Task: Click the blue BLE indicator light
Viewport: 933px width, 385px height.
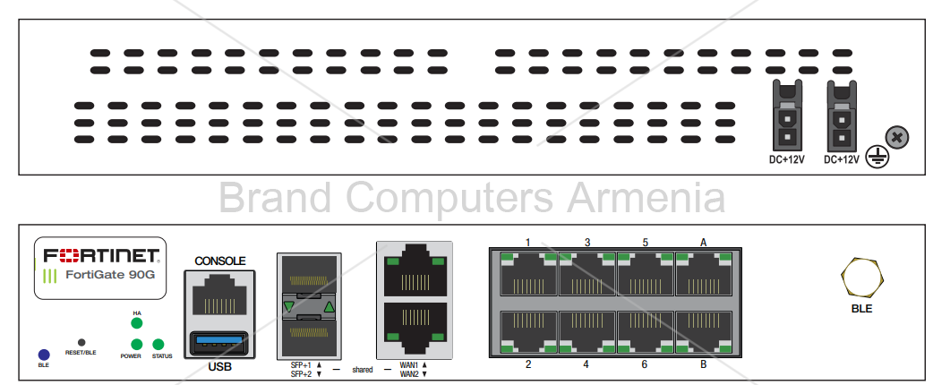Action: coord(44,355)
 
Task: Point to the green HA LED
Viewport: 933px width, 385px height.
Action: coord(137,324)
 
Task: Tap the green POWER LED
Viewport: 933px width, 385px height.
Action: coord(136,345)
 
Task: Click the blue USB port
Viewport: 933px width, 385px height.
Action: coord(219,342)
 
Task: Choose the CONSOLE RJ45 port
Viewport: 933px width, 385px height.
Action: coord(219,295)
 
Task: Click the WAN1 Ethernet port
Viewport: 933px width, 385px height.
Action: coord(415,270)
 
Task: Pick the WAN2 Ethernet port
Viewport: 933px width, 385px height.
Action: coord(415,326)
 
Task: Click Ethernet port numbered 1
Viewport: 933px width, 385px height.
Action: coord(528,275)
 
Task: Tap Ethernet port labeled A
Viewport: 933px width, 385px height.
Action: coord(703,275)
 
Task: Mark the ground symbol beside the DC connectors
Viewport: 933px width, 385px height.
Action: coord(877,158)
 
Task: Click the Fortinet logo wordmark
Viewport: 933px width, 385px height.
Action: coord(100,254)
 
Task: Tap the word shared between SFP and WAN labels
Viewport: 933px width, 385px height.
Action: coord(363,369)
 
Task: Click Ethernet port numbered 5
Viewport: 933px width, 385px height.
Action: coord(645,275)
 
